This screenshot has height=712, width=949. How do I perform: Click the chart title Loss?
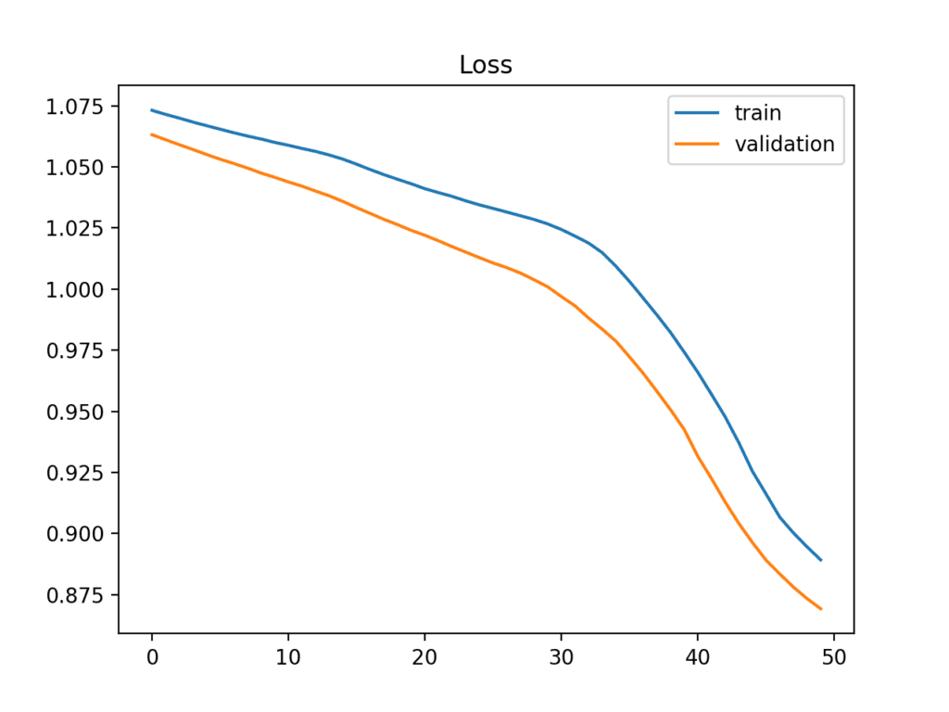click(486, 65)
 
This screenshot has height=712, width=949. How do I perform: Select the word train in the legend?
click(757, 113)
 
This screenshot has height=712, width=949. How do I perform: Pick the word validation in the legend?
click(784, 144)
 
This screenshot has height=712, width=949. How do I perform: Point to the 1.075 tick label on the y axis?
click(77, 107)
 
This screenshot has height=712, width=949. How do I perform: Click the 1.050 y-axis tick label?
click(77, 168)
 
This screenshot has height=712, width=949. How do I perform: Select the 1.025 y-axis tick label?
click(77, 229)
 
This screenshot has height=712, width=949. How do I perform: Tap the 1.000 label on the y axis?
click(77, 290)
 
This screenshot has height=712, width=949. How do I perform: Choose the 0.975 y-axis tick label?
click(77, 350)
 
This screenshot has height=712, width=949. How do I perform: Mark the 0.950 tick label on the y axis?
click(77, 412)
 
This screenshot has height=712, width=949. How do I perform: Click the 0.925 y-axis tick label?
click(77, 473)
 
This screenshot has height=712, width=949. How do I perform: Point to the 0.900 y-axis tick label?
click(77, 534)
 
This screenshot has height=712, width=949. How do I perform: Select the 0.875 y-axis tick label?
click(77, 595)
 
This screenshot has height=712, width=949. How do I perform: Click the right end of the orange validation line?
click(820, 609)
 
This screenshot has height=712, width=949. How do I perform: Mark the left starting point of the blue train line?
click(152, 110)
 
